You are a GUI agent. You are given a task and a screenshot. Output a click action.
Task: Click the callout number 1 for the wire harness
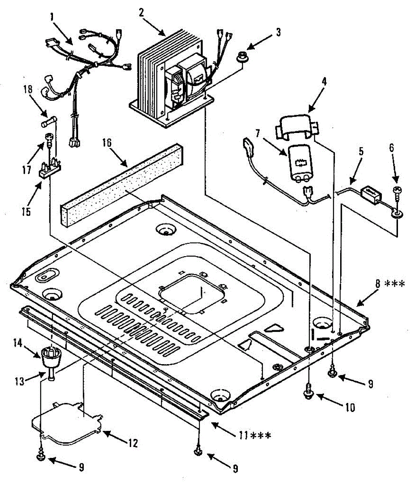[52, 17]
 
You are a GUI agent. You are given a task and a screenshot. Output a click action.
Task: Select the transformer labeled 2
[170, 77]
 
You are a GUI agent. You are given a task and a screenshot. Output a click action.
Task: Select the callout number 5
[361, 152]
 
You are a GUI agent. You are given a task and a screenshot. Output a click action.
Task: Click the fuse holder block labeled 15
[49, 168]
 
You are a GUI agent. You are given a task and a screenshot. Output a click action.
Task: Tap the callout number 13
[30, 381]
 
